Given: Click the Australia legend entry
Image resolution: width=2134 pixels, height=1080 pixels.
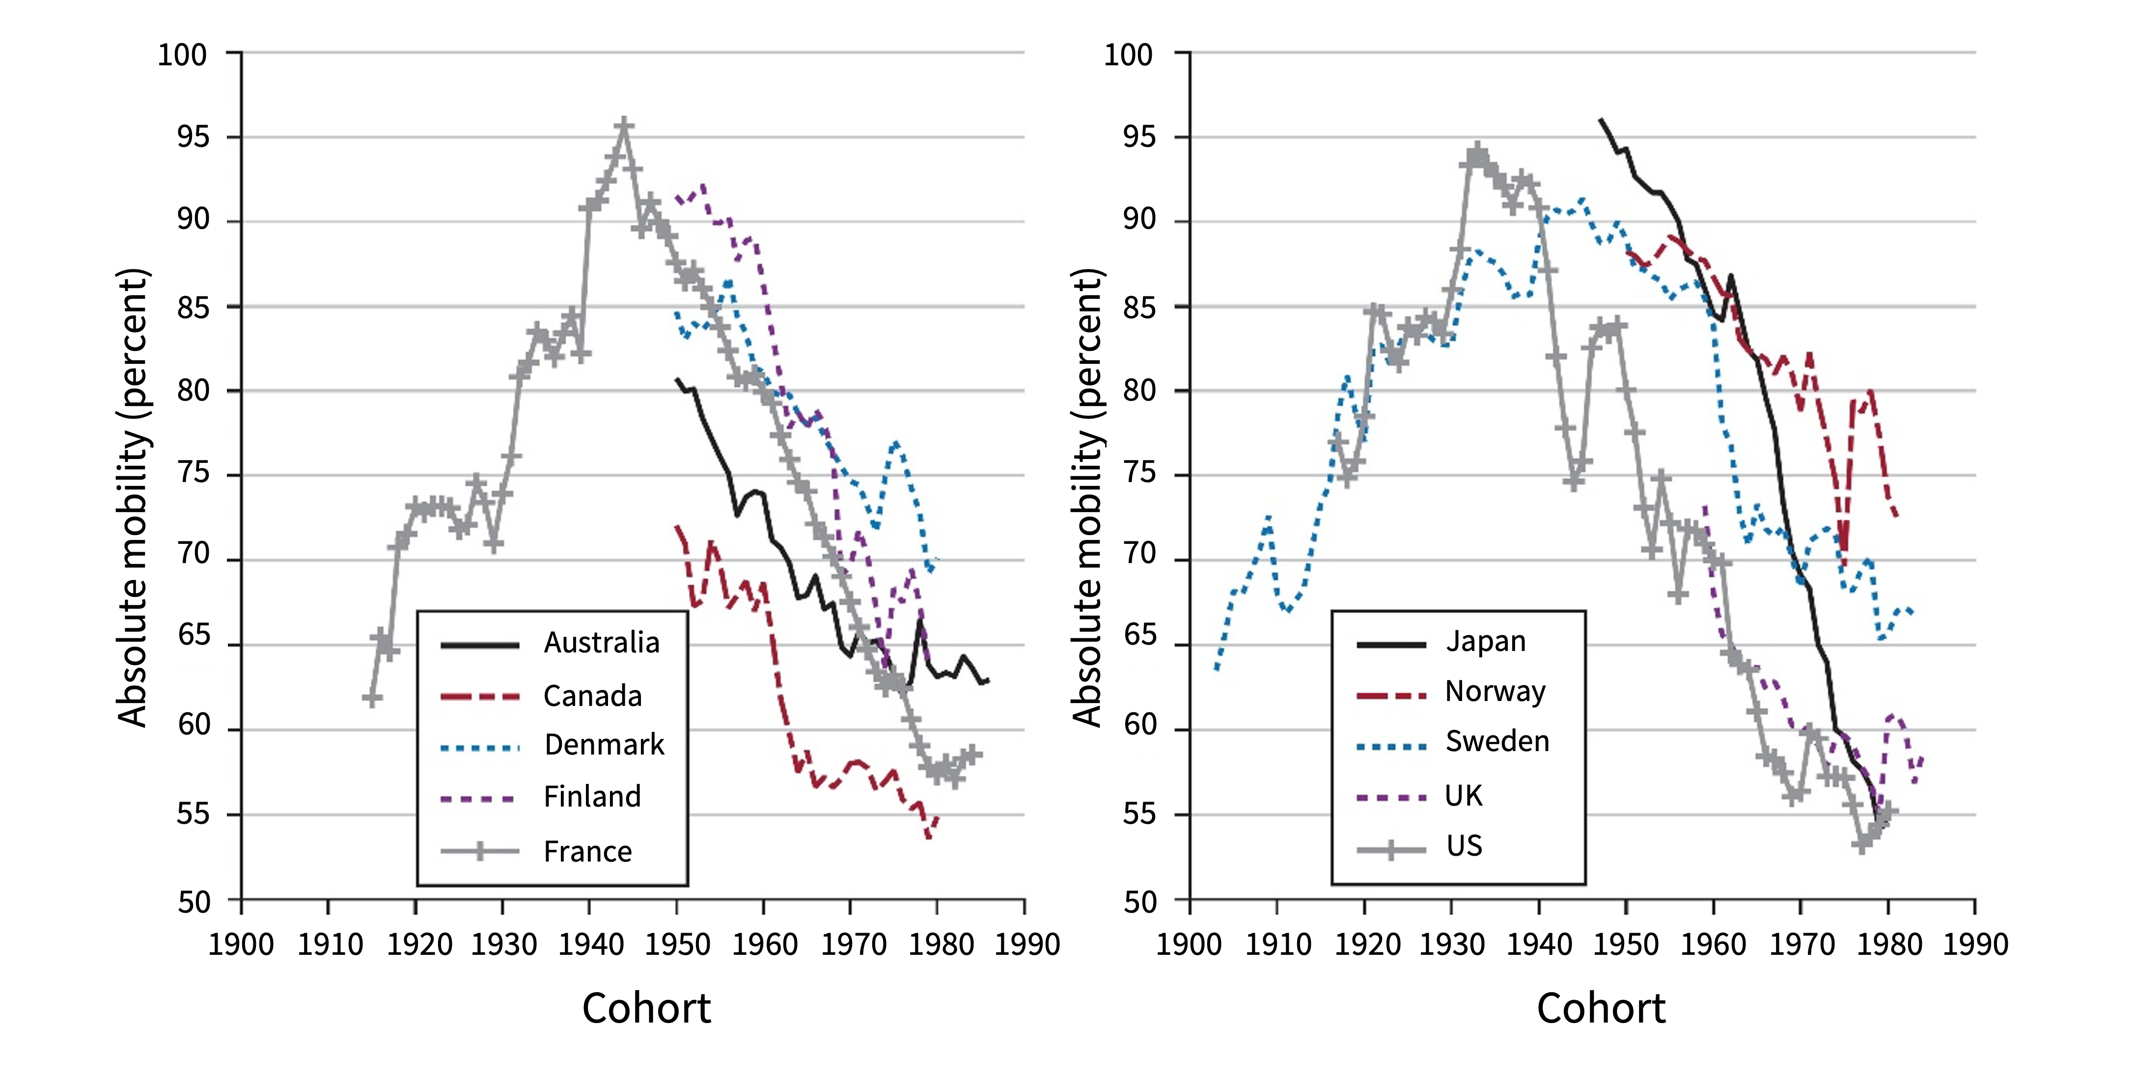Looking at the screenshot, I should tap(602, 643).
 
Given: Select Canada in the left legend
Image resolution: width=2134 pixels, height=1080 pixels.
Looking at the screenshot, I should tap(592, 696).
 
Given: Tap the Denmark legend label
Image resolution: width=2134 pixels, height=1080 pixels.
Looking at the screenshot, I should tap(604, 745).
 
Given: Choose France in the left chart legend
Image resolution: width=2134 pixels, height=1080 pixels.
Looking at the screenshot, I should tap(587, 851).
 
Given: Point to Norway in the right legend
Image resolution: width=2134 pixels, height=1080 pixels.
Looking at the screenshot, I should tap(1496, 692).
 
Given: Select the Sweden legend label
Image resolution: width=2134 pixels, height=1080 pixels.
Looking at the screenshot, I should tap(1497, 741).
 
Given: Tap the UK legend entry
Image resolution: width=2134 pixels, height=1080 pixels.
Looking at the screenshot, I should tap(1463, 796).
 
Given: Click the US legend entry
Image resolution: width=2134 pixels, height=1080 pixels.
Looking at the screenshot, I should tap(1464, 846).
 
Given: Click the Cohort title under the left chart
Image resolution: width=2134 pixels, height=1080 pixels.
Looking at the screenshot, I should tap(646, 1008).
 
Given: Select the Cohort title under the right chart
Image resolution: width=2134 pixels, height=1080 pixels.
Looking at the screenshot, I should tap(1601, 1008).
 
